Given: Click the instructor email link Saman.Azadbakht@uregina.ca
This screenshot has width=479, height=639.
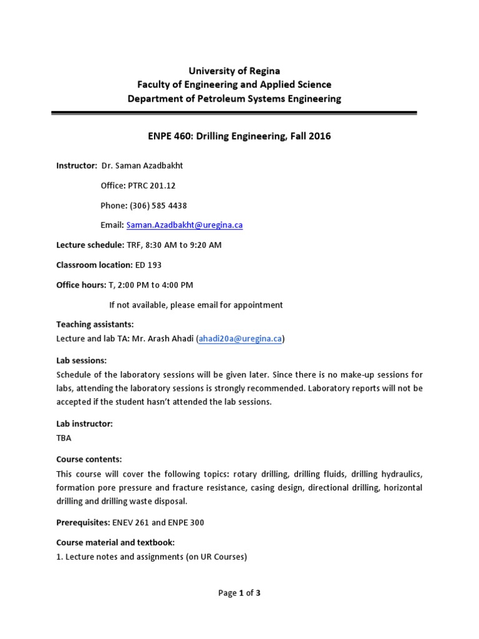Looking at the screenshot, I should pyautogui.click(x=184, y=225).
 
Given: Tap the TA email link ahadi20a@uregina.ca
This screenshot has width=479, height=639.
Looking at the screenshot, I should pyautogui.click(x=240, y=339).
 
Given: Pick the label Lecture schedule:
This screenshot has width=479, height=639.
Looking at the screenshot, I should pyautogui.click(x=90, y=245).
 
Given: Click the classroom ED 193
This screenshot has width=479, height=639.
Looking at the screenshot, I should pyautogui.click(x=148, y=265).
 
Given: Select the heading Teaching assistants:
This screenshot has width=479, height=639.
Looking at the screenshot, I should pyautogui.click(x=95, y=324).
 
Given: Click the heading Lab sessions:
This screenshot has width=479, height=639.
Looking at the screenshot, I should pyautogui.click(x=81, y=360).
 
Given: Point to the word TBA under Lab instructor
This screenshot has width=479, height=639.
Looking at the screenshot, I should pyautogui.click(x=64, y=437).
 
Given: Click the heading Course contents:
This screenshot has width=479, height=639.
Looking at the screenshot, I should pyautogui.click(x=89, y=459).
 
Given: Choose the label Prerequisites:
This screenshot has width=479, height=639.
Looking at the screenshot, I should pyautogui.click(x=84, y=522).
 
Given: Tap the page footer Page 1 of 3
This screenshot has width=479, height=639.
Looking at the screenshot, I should pyautogui.click(x=239, y=593).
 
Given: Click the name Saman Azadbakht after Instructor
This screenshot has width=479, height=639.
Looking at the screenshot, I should pyautogui.click(x=156, y=165).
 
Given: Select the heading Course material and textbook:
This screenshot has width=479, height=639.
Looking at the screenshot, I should pyautogui.click(x=115, y=542).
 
